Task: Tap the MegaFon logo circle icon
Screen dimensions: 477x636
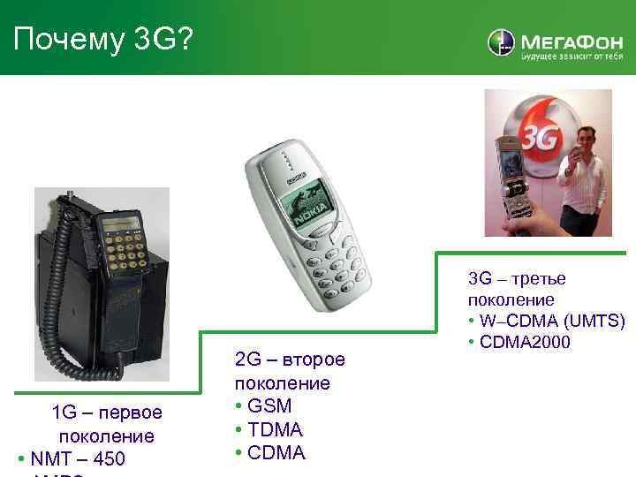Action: click(x=501, y=43)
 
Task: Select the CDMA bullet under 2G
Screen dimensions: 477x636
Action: click(x=275, y=453)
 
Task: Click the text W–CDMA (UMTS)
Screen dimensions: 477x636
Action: click(x=551, y=320)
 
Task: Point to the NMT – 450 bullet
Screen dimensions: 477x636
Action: click(x=76, y=459)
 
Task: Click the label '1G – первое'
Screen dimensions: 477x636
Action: click(x=107, y=413)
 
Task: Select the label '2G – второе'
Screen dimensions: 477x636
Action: click(x=291, y=360)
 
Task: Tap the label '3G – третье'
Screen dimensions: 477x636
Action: click(x=517, y=279)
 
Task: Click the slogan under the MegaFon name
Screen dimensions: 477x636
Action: click(x=572, y=56)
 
